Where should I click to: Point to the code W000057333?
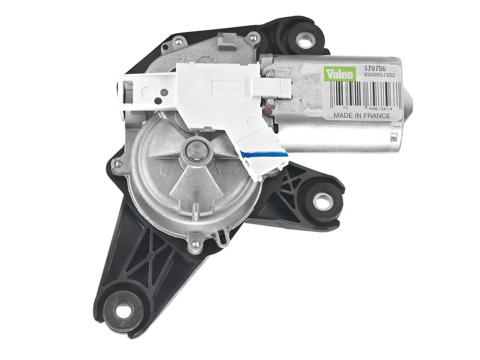pyautogui.click(x=380, y=76)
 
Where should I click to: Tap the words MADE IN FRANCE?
pyautogui.click(x=362, y=114)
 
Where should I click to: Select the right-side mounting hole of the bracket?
pyautogui.click(x=322, y=201)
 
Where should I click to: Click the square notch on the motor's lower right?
pyautogui.click(x=394, y=136)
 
